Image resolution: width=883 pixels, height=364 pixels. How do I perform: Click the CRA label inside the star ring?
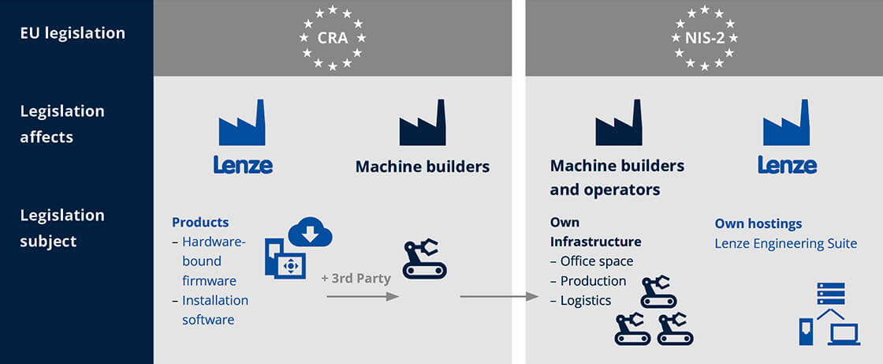[332, 37]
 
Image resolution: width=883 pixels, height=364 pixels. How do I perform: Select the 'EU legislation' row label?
[73, 33]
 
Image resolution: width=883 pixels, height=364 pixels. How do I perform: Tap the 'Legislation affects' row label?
[62, 124]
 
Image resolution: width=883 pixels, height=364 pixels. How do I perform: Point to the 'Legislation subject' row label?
[62, 227]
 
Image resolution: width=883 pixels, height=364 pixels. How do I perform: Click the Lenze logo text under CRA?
[243, 165]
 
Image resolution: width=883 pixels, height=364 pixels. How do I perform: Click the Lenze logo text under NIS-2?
[787, 165]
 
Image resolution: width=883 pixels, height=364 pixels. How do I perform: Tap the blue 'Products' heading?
[200, 223]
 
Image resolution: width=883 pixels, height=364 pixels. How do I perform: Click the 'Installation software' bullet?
[214, 310]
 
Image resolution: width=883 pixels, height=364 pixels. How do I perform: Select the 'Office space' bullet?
[596, 261]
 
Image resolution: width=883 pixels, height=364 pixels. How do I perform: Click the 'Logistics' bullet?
[585, 300]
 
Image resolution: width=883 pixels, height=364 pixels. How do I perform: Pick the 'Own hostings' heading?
[758, 223]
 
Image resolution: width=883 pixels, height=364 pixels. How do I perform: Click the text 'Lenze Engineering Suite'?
[785, 243]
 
